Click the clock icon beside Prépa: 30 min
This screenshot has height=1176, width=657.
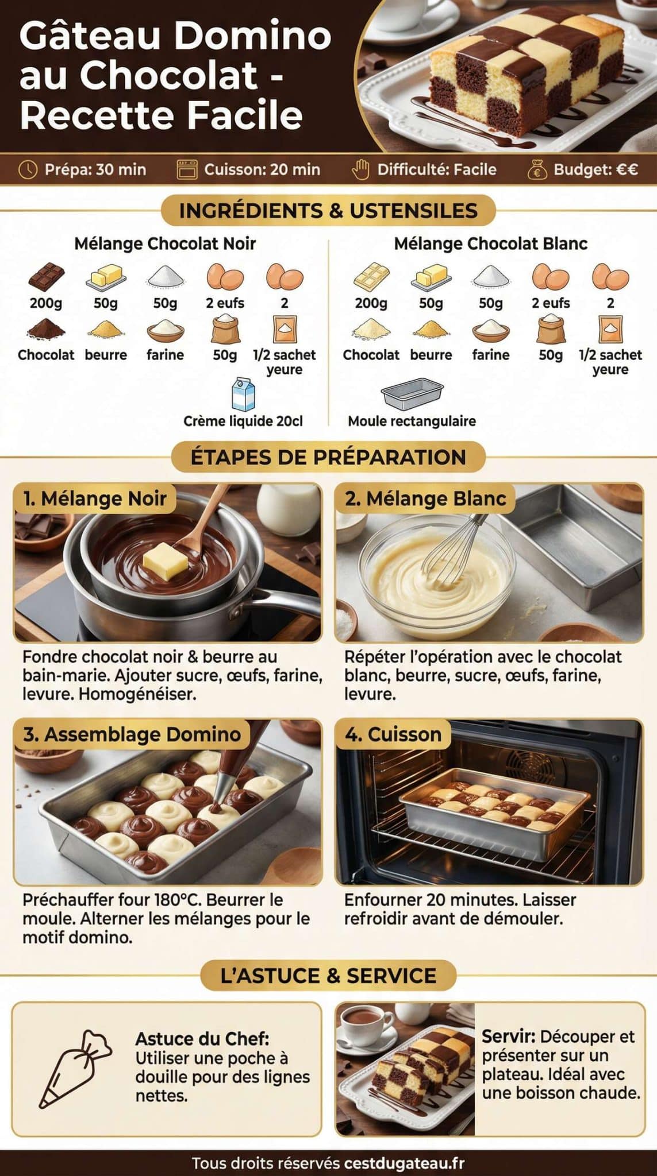pyautogui.click(x=28, y=169)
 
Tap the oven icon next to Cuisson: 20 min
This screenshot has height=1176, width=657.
pyautogui.click(x=187, y=169)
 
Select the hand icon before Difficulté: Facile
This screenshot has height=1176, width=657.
pyautogui.click(x=360, y=169)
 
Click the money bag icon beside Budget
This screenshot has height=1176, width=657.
pyautogui.click(x=537, y=169)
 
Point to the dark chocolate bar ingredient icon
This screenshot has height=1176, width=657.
pyautogui.click(x=46, y=277)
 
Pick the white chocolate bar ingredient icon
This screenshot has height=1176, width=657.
pyautogui.click(x=371, y=277)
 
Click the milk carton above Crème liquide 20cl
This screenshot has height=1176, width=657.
pyautogui.click(x=243, y=394)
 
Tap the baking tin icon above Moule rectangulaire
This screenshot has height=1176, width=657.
pyautogui.click(x=412, y=394)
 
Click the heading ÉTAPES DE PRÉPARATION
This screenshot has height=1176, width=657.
pyautogui.click(x=328, y=457)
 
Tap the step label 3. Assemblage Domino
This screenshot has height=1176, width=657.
pyautogui.click(x=132, y=734)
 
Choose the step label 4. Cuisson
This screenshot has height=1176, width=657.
pyautogui.click(x=393, y=734)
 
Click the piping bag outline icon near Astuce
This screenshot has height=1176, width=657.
pyautogui.click(x=75, y=1069)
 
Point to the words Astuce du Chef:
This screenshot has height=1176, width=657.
pyautogui.click(x=202, y=1038)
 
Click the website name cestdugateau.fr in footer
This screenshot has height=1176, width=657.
pyautogui.click(x=404, y=1163)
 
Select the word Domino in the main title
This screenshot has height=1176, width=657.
pyautogui.click(x=252, y=36)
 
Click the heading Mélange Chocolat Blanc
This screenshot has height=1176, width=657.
pyautogui.click(x=490, y=243)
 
